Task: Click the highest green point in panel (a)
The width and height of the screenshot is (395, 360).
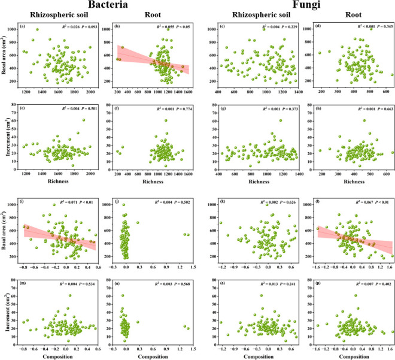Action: tap(37, 30)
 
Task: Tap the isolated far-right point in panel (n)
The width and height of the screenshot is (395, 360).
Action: tap(185, 326)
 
